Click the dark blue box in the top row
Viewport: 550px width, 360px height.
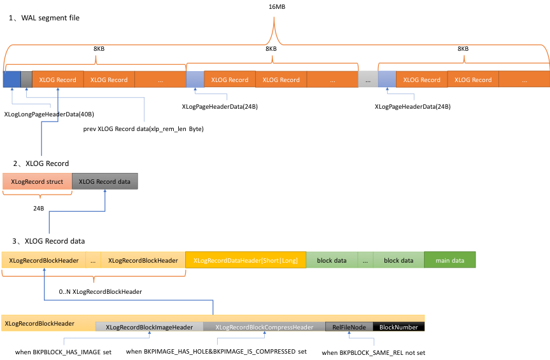click(11, 80)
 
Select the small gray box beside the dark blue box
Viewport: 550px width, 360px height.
click(26, 80)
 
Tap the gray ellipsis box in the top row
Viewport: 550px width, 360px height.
click(368, 80)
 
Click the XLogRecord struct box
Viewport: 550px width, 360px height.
click(37, 181)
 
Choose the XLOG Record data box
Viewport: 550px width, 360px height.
click(105, 181)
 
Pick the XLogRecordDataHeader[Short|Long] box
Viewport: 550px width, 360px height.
click(246, 260)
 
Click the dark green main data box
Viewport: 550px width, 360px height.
click(450, 260)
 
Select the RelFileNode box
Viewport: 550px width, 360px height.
click(349, 327)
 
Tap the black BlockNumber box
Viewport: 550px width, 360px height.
click(399, 327)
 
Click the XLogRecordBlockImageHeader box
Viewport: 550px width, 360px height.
click(150, 327)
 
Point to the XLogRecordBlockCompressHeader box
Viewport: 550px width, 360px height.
click(264, 327)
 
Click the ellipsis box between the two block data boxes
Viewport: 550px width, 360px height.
click(365, 260)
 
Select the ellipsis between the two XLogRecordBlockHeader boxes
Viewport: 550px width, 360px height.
click(93, 260)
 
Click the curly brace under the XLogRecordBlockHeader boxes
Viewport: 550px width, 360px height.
click(94, 277)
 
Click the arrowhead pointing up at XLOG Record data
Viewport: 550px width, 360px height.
click(105, 191)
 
